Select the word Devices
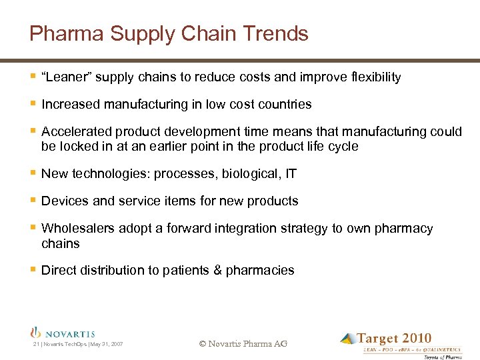(x=64, y=201)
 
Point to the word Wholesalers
(x=78, y=229)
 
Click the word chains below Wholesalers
(x=60, y=243)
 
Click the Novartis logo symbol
(x=37, y=333)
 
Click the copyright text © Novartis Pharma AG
(x=243, y=343)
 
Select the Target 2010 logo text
(x=394, y=339)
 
